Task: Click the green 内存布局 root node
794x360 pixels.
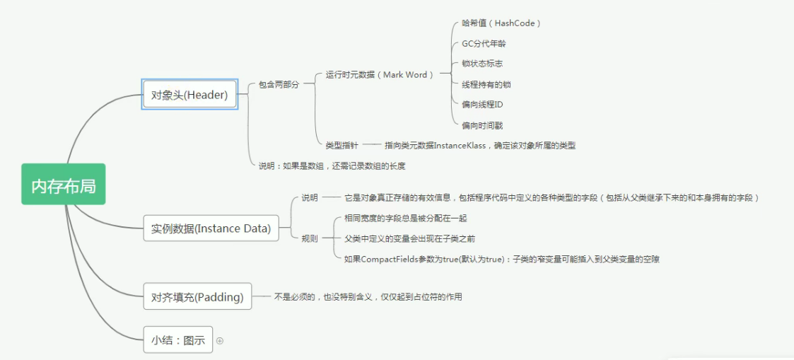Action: click(64, 184)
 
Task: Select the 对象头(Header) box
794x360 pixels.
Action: click(190, 94)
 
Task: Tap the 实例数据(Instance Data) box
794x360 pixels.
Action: click(211, 228)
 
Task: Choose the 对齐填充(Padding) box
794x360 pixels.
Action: click(197, 296)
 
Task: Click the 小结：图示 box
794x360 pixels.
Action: click(177, 340)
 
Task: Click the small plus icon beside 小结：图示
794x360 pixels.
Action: click(219, 341)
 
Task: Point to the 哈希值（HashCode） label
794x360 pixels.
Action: click(501, 23)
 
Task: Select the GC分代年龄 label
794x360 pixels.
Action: click(484, 44)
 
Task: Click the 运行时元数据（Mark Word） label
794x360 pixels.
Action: click(380, 74)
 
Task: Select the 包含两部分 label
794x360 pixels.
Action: click(279, 85)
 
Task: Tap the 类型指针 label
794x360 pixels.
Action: click(341, 146)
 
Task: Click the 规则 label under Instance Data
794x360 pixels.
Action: click(310, 238)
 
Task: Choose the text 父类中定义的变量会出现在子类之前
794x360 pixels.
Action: click(409, 238)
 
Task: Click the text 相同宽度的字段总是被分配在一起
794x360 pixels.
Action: click(405, 219)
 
